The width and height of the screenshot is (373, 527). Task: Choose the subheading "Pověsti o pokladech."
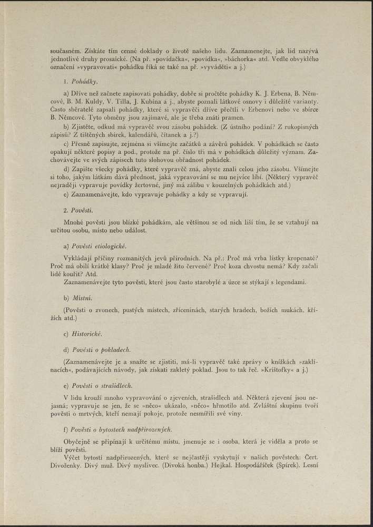(98, 349)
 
